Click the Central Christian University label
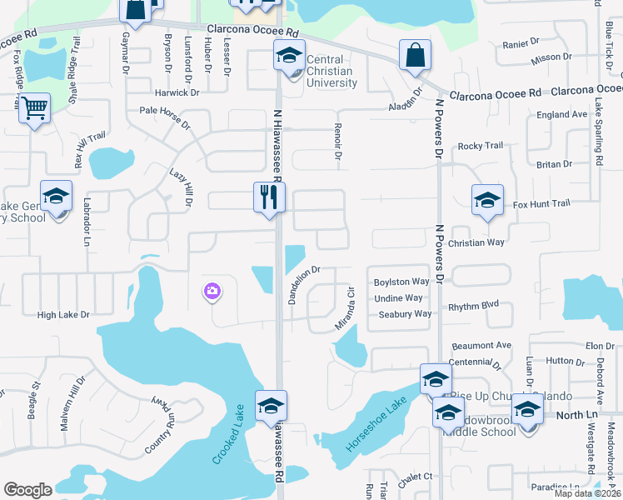pyautogui.click(x=331, y=71)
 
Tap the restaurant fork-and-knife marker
pyautogui.click(x=269, y=197)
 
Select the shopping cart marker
pyautogui.click(x=34, y=107)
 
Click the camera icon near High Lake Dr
pyautogui.click(x=212, y=291)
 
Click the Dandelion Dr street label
pyautogui.click(x=304, y=285)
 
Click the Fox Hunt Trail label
pyautogui.click(x=541, y=203)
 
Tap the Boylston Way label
pyautogui.click(x=401, y=282)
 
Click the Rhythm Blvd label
pyautogui.click(x=473, y=307)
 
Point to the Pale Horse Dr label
pyautogui.click(x=165, y=110)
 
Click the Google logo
pyautogui.click(x=27, y=490)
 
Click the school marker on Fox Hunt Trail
pyautogui.click(x=487, y=201)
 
